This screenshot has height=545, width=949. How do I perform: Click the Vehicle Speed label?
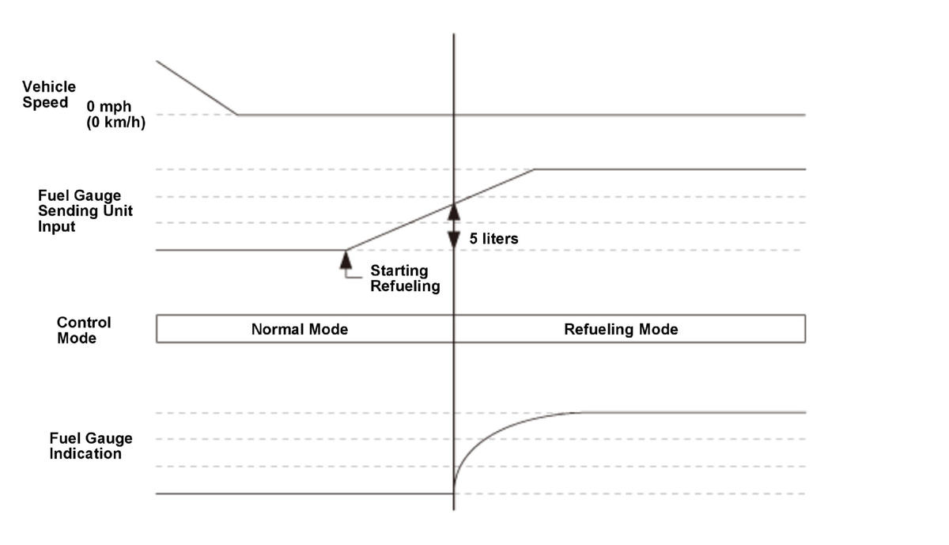click(49, 94)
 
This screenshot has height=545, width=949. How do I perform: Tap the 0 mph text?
click(109, 106)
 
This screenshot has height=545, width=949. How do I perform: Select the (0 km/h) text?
click(116, 123)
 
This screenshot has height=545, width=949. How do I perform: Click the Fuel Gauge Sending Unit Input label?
click(85, 210)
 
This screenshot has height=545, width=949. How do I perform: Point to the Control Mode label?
click(84, 330)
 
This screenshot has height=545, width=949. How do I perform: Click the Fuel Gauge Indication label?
click(91, 446)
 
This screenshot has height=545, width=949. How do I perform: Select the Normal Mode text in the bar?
click(300, 329)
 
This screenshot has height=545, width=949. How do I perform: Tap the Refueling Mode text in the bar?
click(621, 329)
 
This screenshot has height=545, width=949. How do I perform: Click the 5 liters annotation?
click(493, 239)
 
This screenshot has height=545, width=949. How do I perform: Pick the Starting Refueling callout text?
click(405, 278)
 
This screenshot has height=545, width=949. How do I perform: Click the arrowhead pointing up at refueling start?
click(346, 259)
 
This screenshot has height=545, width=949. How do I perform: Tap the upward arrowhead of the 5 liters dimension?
click(454, 212)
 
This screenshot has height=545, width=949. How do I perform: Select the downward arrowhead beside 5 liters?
click(454, 240)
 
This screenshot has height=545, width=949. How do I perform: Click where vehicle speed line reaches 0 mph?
click(236, 115)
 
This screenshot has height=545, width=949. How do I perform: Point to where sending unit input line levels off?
click(534, 169)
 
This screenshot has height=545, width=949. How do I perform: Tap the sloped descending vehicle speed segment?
click(197, 88)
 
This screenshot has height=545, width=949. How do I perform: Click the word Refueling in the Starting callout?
click(405, 286)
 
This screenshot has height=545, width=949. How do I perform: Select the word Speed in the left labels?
click(45, 103)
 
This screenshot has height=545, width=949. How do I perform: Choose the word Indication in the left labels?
click(85, 453)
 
